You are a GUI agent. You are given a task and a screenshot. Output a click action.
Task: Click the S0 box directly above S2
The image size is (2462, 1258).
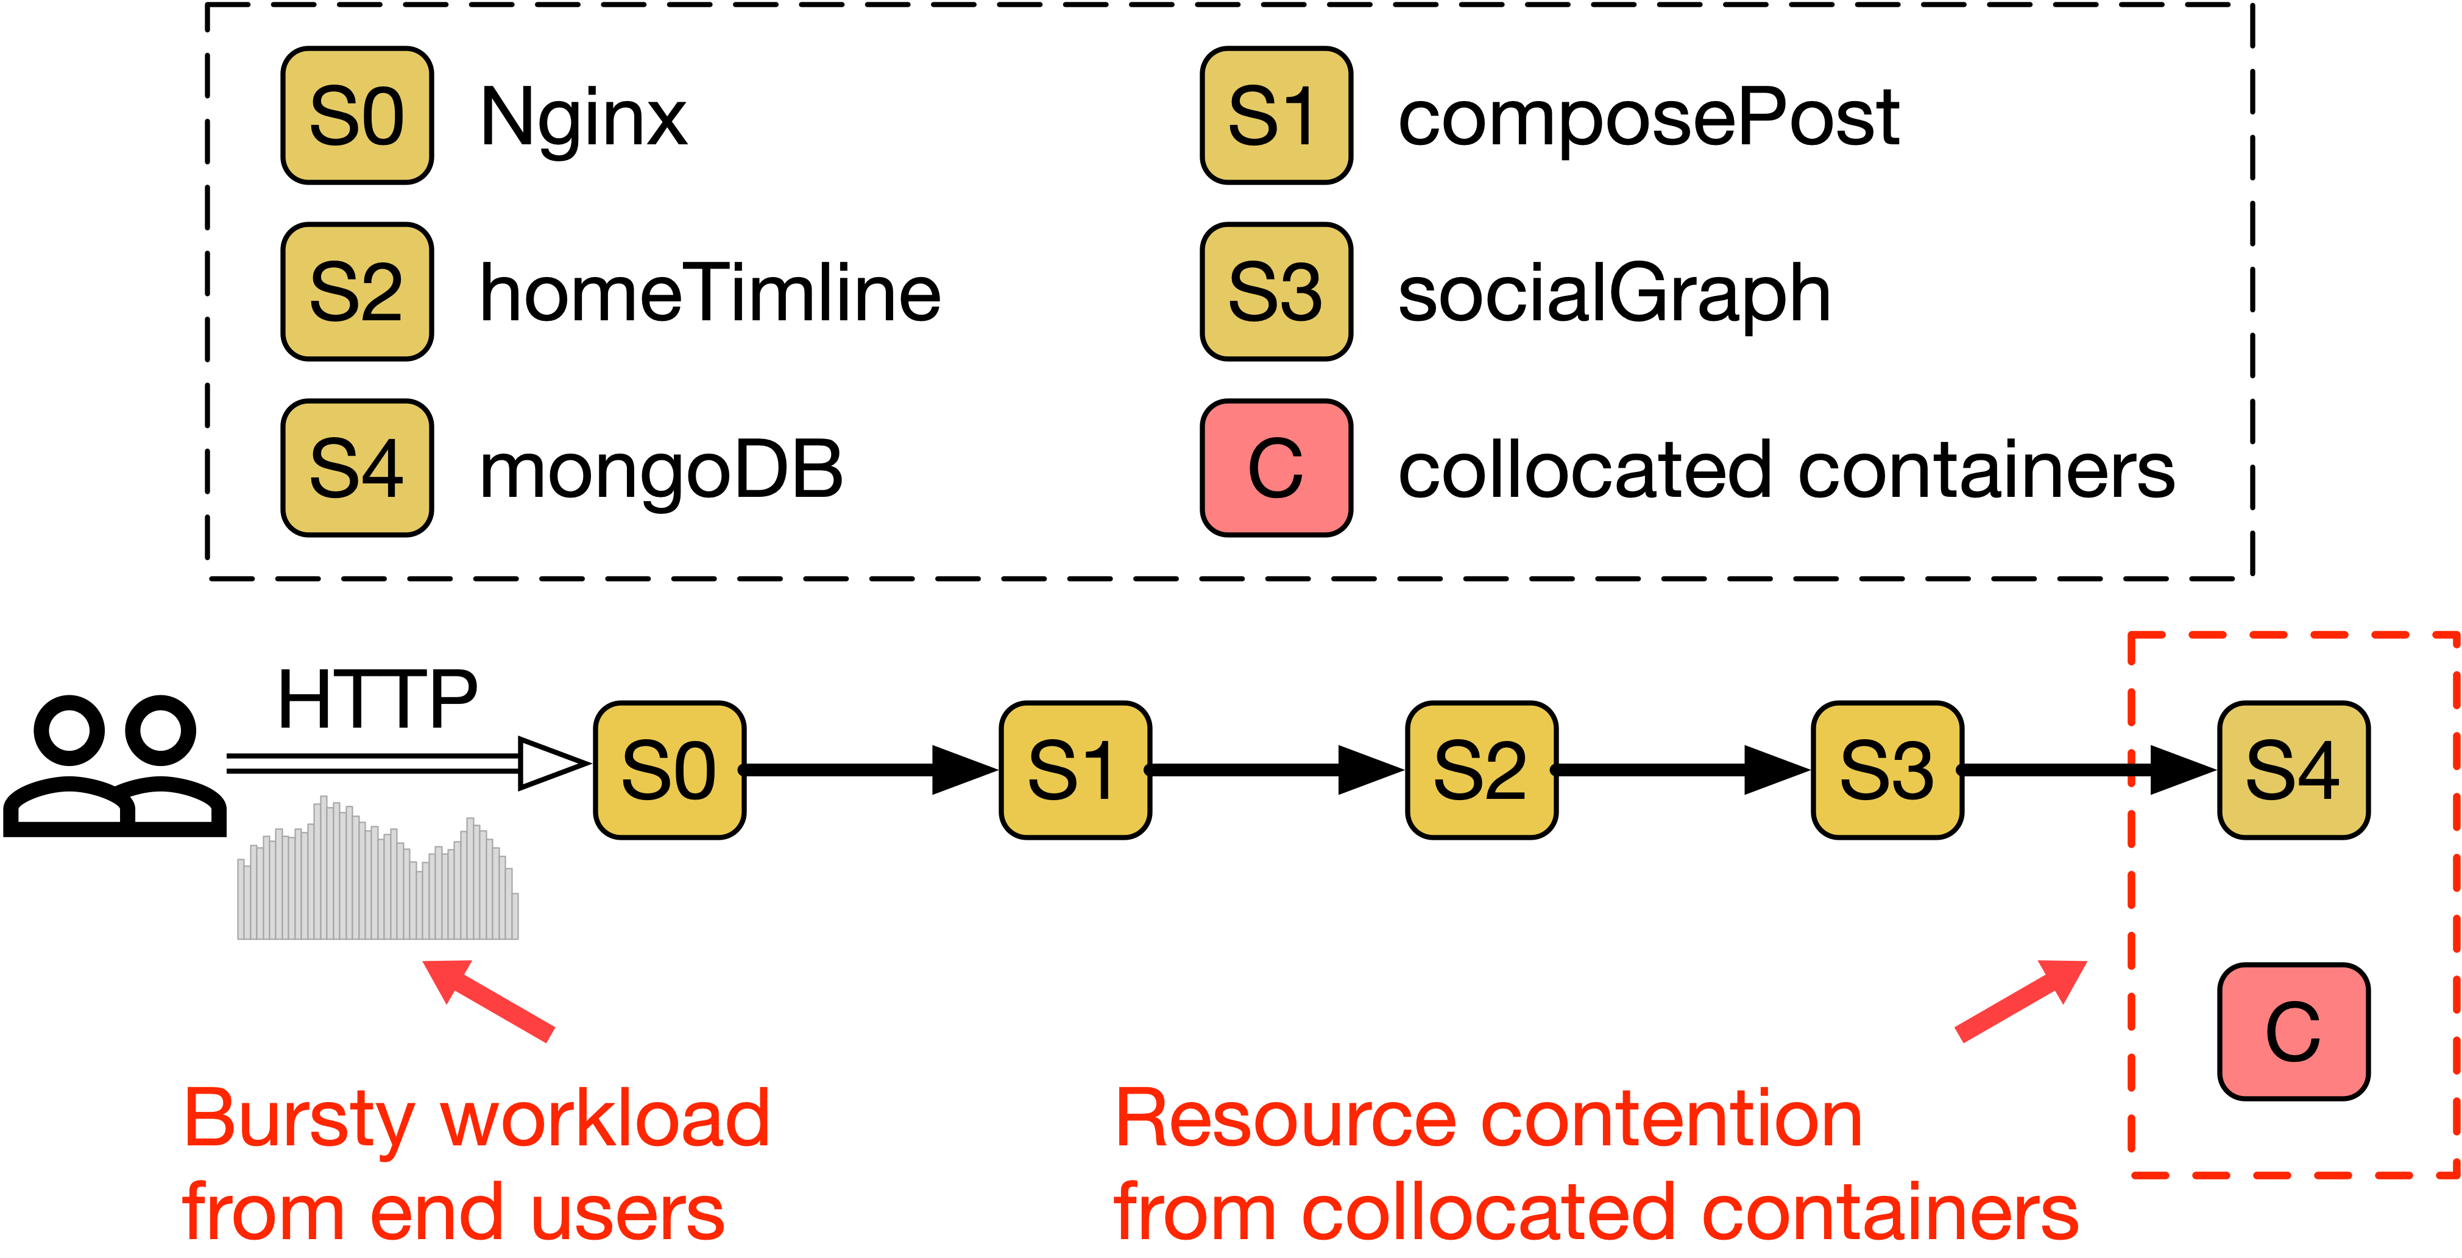pyautogui.click(x=356, y=116)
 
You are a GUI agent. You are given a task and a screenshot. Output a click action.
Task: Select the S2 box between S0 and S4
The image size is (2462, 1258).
pyautogui.click(x=356, y=291)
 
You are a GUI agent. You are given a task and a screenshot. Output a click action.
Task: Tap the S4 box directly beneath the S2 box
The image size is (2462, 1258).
pyautogui.click(x=356, y=467)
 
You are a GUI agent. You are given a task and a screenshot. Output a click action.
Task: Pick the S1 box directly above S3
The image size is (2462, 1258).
pyautogui.click(x=1276, y=116)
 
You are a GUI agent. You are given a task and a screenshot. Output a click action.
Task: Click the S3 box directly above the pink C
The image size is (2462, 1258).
pyautogui.click(x=1276, y=291)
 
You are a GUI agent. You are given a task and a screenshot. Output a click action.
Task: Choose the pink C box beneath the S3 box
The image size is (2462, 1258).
pyautogui.click(x=1276, y=467)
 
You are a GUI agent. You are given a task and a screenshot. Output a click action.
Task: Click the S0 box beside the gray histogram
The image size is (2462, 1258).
pyautogui.click(x=669, y=770)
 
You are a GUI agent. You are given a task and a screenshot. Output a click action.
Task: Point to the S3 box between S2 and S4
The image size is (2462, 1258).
pyautogui.click(x=1887, y=770)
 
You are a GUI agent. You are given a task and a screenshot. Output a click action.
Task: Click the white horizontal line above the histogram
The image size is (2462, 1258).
pyautogui.click(x=372, y=763)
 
